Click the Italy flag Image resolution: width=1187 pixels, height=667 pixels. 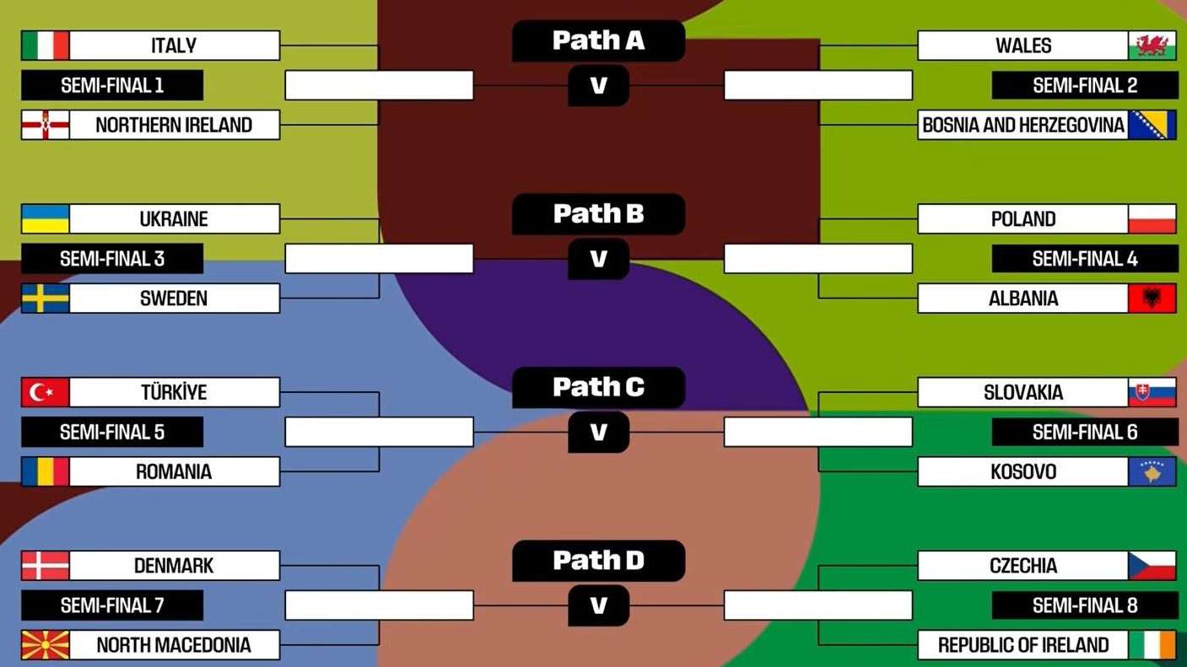pyautogui.click(x=46, y=46)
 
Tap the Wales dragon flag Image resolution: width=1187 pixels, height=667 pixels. pyautogui.click(x=1152, y=46)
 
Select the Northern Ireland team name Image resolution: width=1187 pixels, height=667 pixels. pyautogui.click(x=174, y=125)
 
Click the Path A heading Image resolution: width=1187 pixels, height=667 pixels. pyautogui.click(x=598, y=40)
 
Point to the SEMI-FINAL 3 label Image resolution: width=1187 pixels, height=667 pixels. pyautogui.click(x=112, y=259)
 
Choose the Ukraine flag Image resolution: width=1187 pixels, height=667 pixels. pyautogui.click(x=46, y=219)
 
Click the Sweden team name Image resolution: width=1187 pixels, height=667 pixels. pyautogui.click(x=174, y=299)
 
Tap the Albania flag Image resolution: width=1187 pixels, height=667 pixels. pyautogui.click(x=1152, y=299)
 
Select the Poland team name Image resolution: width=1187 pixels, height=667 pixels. pyautogui.click(x=1023, y=219)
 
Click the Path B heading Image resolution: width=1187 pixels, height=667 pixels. pyautogui.click(x=598, y=214)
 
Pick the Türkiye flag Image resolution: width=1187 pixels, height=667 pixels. pyautogui.click(x=46, y=392)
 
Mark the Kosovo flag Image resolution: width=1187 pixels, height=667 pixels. pyautogui.click(x=1152, y=471)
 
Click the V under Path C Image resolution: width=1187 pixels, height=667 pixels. pyautogui.click(x=598, y=433)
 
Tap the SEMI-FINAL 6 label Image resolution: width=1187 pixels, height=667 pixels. pyautogui.click(x=1085, y=433)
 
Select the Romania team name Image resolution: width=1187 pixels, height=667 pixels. pyautogui.click(x=174, y=471)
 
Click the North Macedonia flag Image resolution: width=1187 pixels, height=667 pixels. pyautogui.click(x=46, y=645)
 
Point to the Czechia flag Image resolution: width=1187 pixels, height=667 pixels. pyautogui.click(x=1152, y=566)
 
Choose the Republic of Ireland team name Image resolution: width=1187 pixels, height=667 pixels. pyautogui.click(x=1023, y=645)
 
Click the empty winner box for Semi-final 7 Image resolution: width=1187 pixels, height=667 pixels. pyautogui.click(x=379, y=605)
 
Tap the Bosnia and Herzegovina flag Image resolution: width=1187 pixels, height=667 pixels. pyautogui.click(x=1152, y=125)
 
